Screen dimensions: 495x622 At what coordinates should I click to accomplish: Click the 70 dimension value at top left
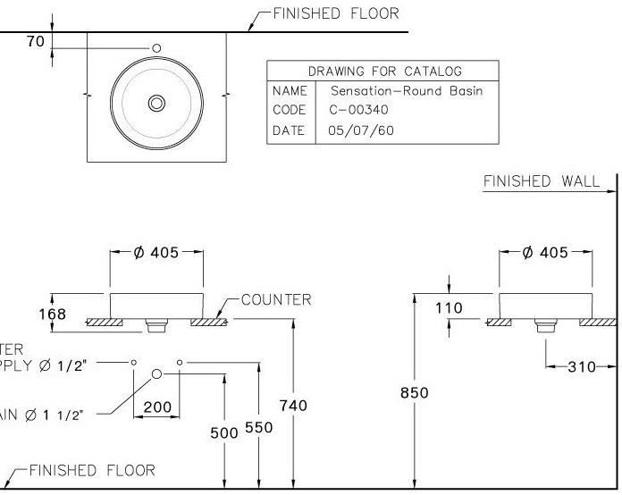point(35,42)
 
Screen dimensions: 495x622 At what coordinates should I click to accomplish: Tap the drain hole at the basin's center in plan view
point(156,104)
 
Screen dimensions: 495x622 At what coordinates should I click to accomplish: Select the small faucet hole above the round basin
point(156,48)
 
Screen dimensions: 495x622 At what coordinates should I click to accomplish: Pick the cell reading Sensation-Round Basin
point(407,91)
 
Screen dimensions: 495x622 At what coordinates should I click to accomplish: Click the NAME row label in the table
point(289,91)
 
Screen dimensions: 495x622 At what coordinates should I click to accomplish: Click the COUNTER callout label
point(277,299)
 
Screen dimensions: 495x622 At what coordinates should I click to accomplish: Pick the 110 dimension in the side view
point(449,308)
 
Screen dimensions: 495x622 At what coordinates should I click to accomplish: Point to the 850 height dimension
point(414,392)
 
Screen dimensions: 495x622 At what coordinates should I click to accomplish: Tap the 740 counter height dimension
point(292,406)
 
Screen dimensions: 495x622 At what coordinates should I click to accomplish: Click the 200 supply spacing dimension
point(157,407)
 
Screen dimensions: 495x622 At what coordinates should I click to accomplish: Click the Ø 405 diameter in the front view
point(156,253)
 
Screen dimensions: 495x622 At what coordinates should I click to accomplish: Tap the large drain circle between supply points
point(157,373)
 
